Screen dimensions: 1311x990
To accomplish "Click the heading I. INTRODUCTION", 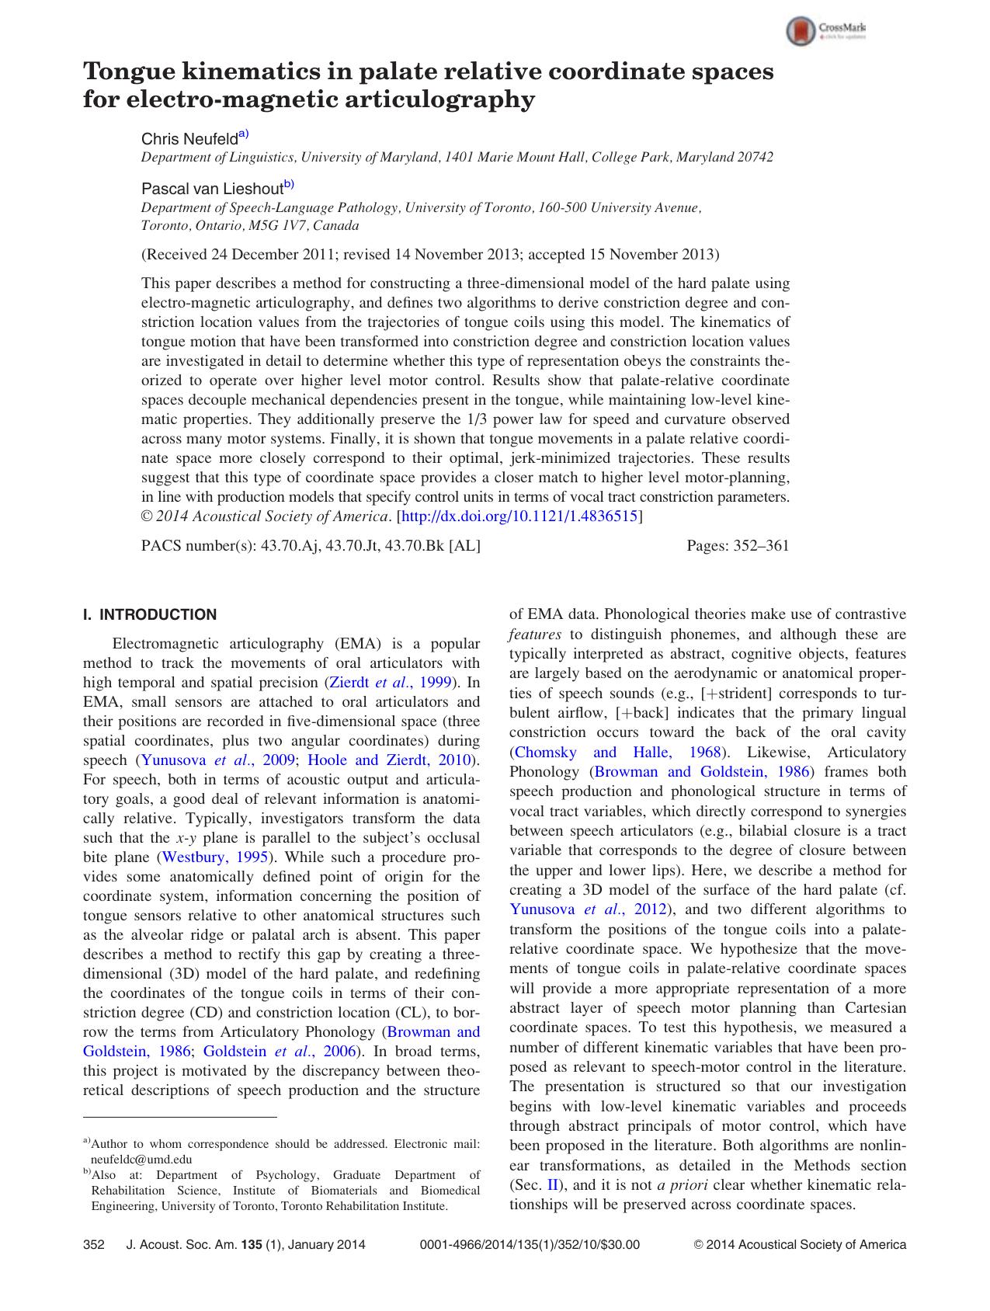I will (150, 615).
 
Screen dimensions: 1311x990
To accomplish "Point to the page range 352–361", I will (761, 545).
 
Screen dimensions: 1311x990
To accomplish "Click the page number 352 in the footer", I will (93, 1244).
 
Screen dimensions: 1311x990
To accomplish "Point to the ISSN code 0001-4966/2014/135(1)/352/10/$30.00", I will (529, 1244).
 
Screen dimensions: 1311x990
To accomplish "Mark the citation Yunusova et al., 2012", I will (588, 909).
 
